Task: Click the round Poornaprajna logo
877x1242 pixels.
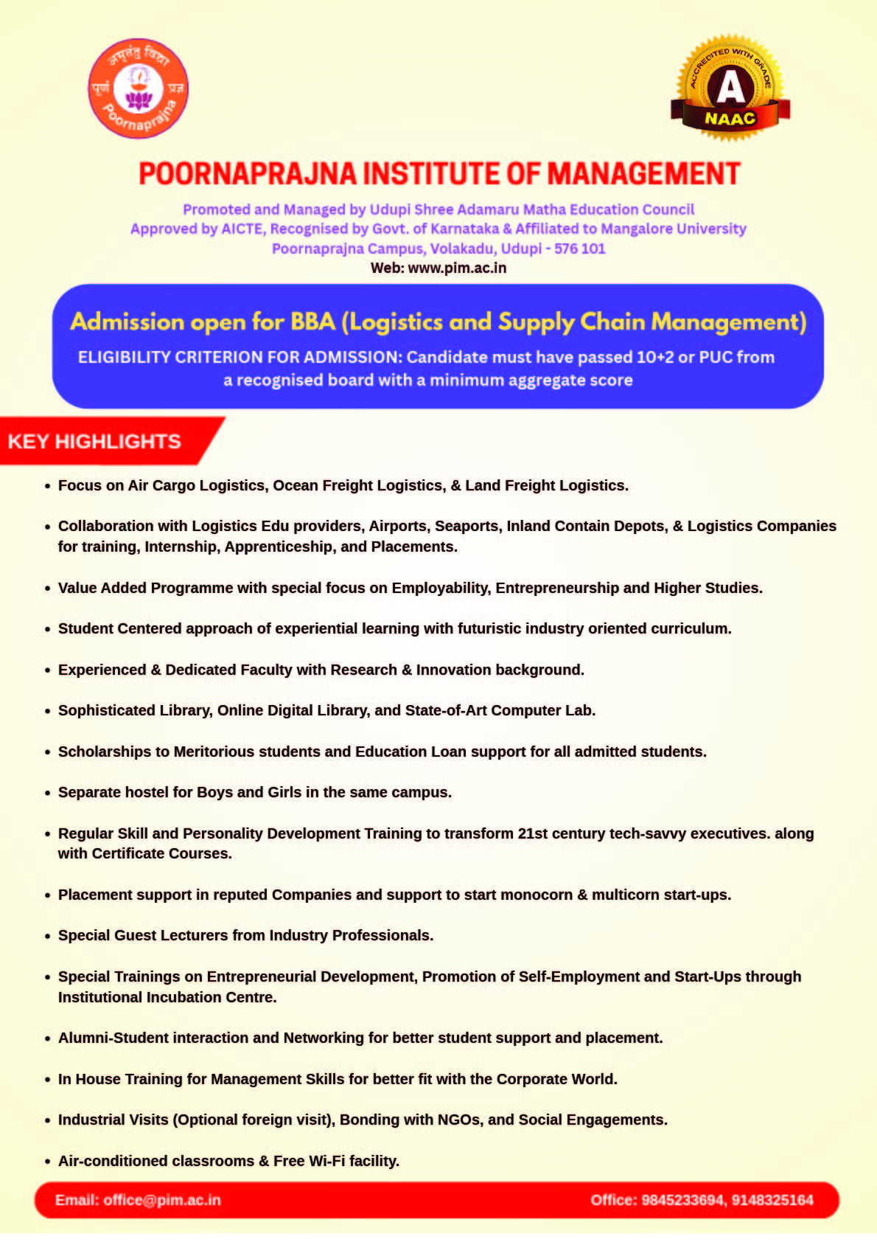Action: point(139,89)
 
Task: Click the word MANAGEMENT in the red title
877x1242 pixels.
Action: point(643,174)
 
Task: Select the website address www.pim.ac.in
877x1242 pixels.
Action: point(457,268)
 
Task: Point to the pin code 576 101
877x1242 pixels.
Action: point(579,249)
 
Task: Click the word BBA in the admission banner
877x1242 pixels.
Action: point(313,322)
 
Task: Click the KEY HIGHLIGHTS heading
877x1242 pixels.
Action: point(94,442)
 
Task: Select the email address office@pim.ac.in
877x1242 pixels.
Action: point(162,1200)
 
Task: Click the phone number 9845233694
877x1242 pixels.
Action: point(682,1200)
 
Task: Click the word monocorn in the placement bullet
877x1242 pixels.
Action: point(537,895)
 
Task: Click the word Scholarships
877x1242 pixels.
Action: point(104,752)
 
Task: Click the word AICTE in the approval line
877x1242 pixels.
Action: point(242,229)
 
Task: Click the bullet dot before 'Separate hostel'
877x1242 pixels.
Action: point(48,794)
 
